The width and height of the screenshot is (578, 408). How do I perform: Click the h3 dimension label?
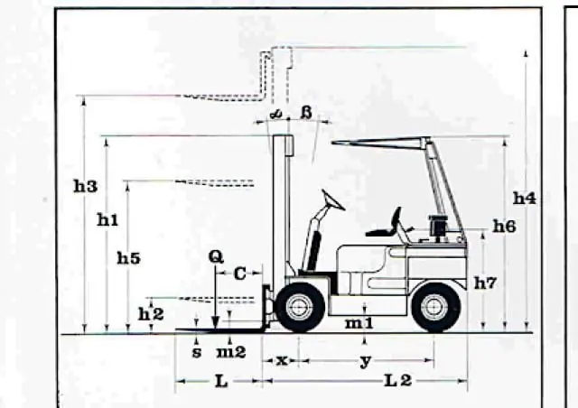tap(86, 187)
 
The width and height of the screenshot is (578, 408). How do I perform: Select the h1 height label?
tap(107, 220)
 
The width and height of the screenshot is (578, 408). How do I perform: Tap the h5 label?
tap(128, 258)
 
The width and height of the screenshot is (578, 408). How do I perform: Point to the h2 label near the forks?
tap(151, 314)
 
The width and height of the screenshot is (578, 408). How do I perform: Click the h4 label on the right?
tap(525, 199)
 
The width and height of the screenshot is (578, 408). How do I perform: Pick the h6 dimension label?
tap(505, 227)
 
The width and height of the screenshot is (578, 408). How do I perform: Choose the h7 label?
tap(485, 283)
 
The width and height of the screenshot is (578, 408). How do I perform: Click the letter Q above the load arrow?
tap(216, 256)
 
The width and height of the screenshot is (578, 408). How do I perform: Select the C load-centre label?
tap(240, 274)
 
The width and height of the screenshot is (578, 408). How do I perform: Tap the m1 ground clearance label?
tap(359, 323)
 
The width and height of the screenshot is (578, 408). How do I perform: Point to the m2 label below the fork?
tap(231, 352)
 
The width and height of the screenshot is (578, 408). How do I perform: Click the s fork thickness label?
tap(197, 353)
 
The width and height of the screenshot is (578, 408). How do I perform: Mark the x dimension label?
tap(282, 360)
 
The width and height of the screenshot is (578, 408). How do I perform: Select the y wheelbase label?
tap(365, 362)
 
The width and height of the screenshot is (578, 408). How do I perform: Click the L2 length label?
tap(398, 381)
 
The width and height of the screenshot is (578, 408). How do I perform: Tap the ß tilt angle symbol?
tap(307, 113)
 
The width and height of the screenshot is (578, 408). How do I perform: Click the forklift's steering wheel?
tap(333, 199)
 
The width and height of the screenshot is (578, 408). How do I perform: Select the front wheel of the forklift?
tap(300, 307)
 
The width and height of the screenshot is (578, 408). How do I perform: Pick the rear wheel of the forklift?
tap(435, 307)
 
